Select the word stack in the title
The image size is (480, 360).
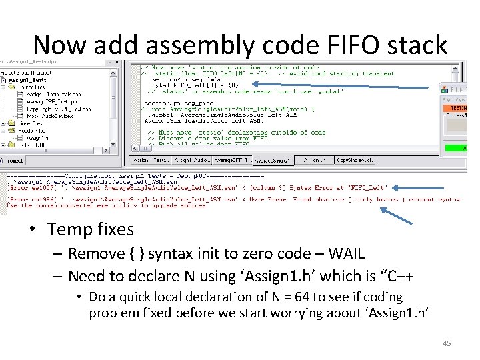click(419, 45)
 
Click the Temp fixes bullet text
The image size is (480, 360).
click(90, 229)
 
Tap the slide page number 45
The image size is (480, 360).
click(447, 343)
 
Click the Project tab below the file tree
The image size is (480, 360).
click(13, 161)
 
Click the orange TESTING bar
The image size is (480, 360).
click(459, 107)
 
